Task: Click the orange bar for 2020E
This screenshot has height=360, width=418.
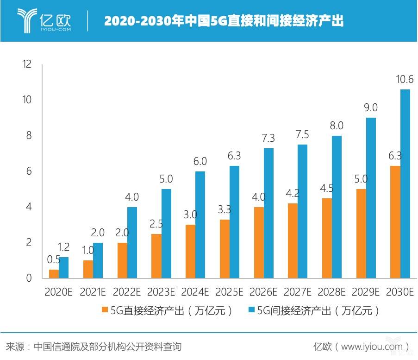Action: pyautogui.click(x=54, y=274)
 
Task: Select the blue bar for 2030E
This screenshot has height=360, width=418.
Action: pyautogui.click(x=405, y=184)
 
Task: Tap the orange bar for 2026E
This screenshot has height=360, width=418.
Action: pyautogui.click(x=258, y=242)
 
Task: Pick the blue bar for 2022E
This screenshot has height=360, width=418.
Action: pyautogui.click(x=132, y=242)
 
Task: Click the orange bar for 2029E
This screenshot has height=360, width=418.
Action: pyautogui.click(x=361, y=234)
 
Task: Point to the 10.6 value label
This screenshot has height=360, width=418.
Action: pyautogui.click(x=404, y=80)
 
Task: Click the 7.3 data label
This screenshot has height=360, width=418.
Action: pyautogui.click(x=268, y=139)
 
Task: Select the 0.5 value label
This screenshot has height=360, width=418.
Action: pyautogui.click(x=54, y=260)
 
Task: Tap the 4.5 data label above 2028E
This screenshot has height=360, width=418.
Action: pyautogui.click(x=327, y=188)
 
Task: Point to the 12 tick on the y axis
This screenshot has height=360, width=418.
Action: pyautogui.click(x=27, y=64)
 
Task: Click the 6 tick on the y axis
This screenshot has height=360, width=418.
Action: pyautogui.click(x=29, y=171)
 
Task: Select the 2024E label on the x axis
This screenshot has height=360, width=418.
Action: pyautogui.click(x=195, y=292)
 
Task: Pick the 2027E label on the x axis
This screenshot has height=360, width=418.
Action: pyautogui.click(x=297, y=292)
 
